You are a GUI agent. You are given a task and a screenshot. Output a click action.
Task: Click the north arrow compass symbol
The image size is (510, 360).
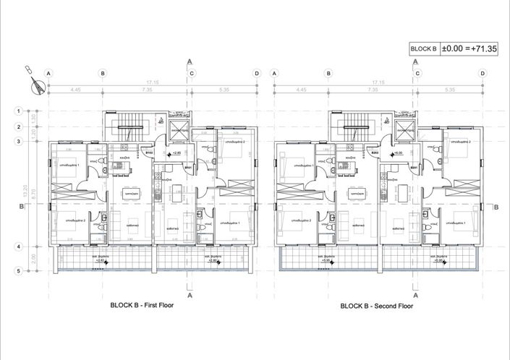click(33, 80)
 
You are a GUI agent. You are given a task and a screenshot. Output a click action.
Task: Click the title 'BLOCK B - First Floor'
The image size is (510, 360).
click(142, 306)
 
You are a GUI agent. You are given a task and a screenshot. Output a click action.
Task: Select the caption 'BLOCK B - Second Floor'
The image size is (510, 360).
click(377, 306)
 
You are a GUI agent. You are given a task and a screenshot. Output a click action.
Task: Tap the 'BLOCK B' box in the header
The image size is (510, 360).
click(423, 48)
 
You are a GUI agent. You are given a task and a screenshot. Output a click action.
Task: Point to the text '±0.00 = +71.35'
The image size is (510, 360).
click(471, 48)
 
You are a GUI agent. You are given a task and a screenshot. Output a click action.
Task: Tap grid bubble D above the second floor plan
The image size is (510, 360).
click(483, 73)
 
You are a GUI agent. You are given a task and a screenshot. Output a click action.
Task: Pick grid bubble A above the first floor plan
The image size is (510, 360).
click(48, 73)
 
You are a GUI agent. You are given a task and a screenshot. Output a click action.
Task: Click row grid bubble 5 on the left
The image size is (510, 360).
click(19, 271)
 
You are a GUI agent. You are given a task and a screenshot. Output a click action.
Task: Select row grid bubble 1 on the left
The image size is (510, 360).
click(19, 111)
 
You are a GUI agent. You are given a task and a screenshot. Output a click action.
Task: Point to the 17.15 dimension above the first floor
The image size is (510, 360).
click(152, 82)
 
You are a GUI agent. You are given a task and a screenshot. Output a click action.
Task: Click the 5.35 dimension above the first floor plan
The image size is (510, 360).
click(223, 90)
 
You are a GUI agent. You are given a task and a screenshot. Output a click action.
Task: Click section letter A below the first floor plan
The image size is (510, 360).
click(190, 295)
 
